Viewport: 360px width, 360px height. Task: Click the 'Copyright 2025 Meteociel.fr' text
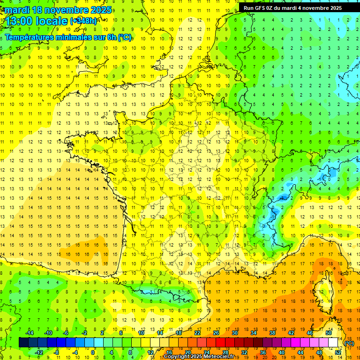(x=199, y=357)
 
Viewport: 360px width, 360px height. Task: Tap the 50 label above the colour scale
(x=328, y=333)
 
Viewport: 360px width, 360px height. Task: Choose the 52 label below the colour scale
(x=337, y=352)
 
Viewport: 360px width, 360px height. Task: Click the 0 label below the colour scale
(x=93, y=352)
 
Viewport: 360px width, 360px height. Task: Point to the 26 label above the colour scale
(x=216, y=333)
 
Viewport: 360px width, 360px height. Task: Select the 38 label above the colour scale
(x=272, y=333)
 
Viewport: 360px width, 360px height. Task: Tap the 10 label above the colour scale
(x=141, y=333)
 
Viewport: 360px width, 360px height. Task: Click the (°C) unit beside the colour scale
(x=349, y=343)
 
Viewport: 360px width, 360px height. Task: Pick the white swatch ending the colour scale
(x=333, y=343)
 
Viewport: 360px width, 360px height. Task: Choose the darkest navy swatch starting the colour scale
(x=23, y=343)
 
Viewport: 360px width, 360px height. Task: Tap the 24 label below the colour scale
(x=206, y=352)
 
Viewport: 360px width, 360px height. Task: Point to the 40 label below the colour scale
(x=281, y=352)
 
